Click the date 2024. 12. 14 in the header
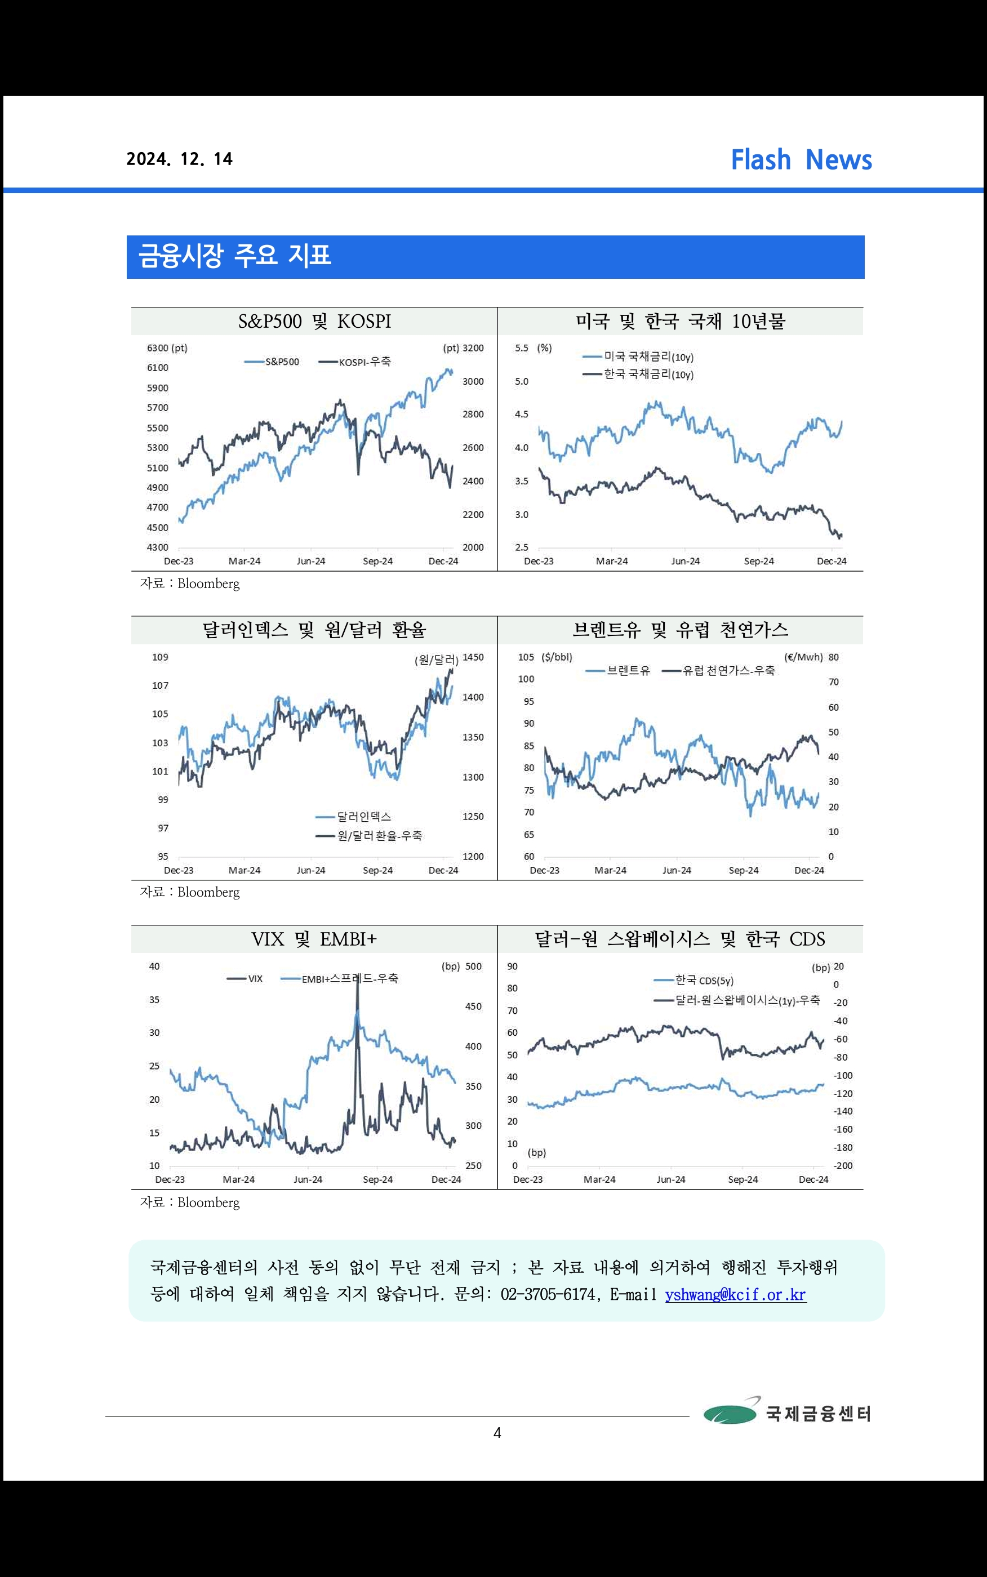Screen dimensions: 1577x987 point(180,159)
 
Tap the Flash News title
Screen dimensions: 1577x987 point(801,160)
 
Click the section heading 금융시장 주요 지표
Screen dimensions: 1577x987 point(235,255)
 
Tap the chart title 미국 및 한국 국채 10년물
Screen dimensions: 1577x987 point(679,322)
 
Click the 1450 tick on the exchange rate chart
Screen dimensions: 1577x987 point(473,658)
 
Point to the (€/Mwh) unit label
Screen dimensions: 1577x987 point(803,658)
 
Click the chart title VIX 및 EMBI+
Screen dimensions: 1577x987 point(314,939)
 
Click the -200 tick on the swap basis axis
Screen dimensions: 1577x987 point(843,1166)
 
